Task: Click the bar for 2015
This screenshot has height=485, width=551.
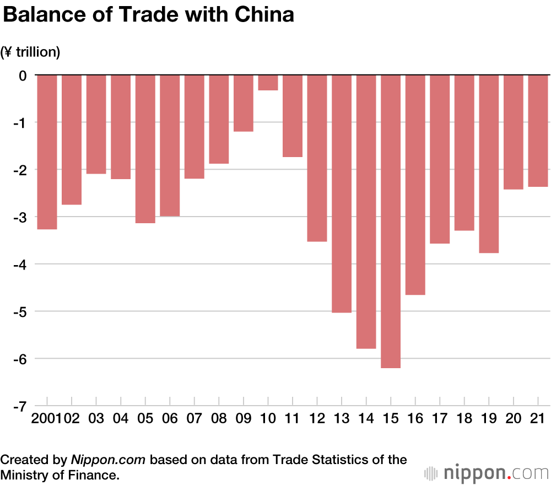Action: (391, 220)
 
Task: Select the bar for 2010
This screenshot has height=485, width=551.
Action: (268, 82)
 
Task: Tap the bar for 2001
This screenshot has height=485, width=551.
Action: (47, 152)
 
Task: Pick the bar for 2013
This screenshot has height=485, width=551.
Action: (342, 193)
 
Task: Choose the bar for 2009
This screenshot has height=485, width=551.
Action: (244, 103)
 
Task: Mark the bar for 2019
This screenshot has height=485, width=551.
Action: (489, 164)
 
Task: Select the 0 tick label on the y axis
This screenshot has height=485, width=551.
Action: (23, 75)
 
